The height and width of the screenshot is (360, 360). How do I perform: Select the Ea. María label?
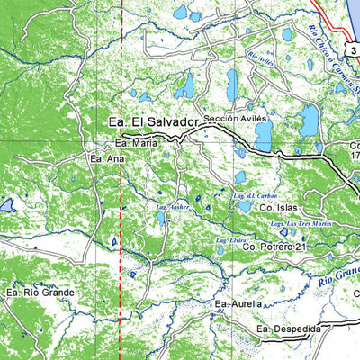point(135,142)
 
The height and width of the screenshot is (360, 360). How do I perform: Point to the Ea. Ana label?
point(103,158)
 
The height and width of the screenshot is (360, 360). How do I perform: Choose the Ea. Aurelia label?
point(238,305)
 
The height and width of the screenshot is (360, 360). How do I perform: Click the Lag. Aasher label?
point(170,209)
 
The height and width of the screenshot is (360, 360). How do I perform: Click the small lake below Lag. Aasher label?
point(161,219)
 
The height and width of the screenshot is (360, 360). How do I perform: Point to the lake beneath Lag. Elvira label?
point(221,250)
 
